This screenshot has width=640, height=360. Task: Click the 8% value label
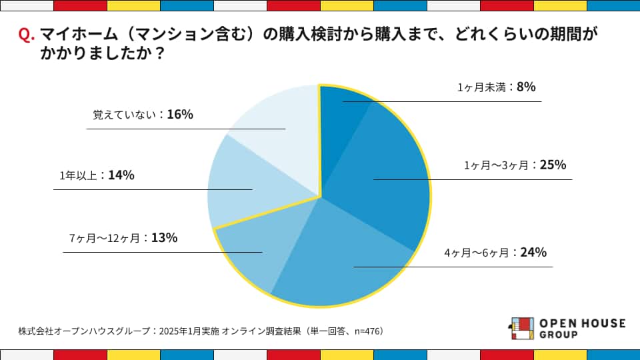click(x=526, y=87)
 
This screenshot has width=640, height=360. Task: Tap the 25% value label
click(x=553, y=165)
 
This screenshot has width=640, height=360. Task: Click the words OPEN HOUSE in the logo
click(x=582, y=323)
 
